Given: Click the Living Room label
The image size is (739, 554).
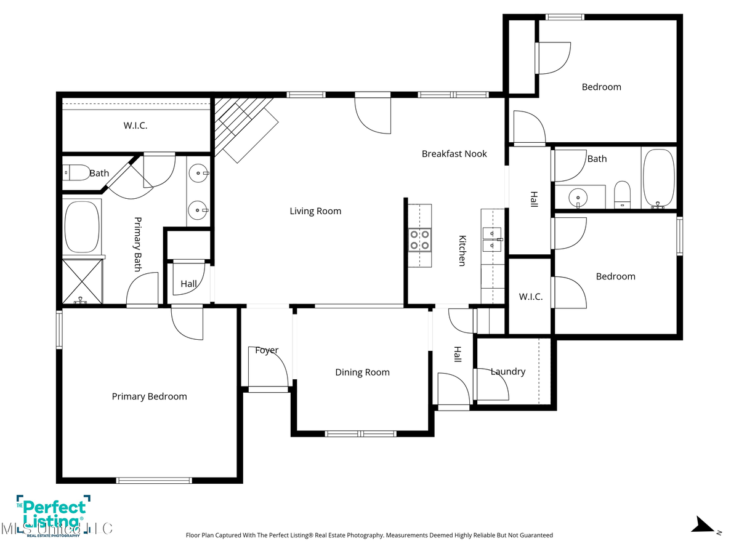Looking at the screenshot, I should (x=315, y=211).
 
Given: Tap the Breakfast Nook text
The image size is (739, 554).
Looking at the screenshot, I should (x=454, y=154).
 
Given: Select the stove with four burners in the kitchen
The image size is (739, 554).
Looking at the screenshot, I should (x=419, y=239).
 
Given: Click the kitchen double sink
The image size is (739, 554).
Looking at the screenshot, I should (x=493, y=239).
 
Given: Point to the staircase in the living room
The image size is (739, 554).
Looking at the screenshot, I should (x=243, y=128).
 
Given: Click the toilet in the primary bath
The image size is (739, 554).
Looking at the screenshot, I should (x=76, y=172).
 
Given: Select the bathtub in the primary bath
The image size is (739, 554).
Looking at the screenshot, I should (x=82, y=227).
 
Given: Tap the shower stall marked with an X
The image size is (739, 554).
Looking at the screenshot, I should (x=82, y=281).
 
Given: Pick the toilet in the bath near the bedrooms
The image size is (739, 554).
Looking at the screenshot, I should (x=623, y=195).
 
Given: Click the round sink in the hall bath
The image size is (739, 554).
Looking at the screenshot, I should (x=578, y=198).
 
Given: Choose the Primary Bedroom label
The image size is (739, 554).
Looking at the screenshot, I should (x=149, y=396).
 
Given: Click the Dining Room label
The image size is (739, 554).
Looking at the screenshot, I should (x=362, y=372).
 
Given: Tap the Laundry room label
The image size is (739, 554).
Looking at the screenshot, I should (x=508, y=372).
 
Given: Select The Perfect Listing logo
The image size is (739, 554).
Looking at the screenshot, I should (x=53, y=516).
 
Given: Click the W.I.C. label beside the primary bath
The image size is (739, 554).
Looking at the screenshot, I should (x=135, y=126).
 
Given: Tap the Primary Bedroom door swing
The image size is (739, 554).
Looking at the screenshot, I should (x=186, y=321).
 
